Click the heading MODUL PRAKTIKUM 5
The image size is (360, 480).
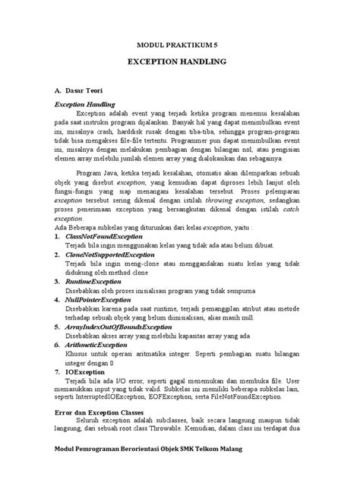(179, 45)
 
